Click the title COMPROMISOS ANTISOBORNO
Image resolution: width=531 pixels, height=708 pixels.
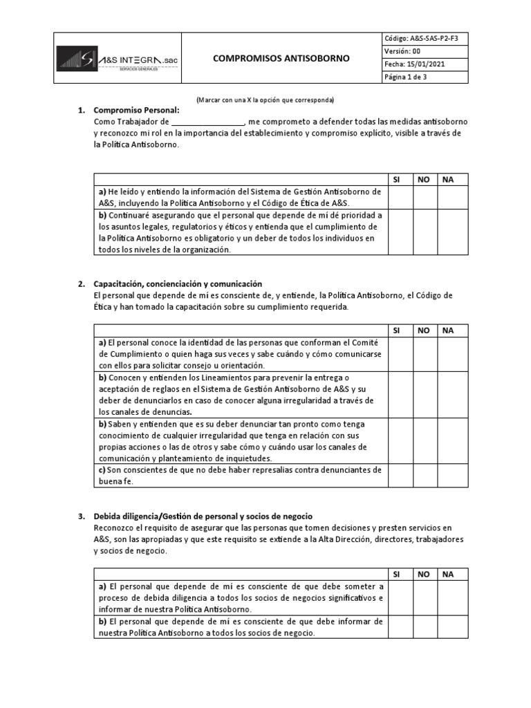[x=281, y=59]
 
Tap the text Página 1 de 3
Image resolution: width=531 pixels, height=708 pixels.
[x=406, y=77]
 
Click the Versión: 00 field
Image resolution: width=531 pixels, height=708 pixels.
[x=401, y=50]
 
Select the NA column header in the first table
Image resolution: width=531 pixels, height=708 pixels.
[x=448, y=179]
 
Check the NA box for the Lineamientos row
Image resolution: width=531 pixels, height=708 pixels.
[x=453, y=394]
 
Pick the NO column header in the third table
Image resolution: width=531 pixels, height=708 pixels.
[x=424, y=574]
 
